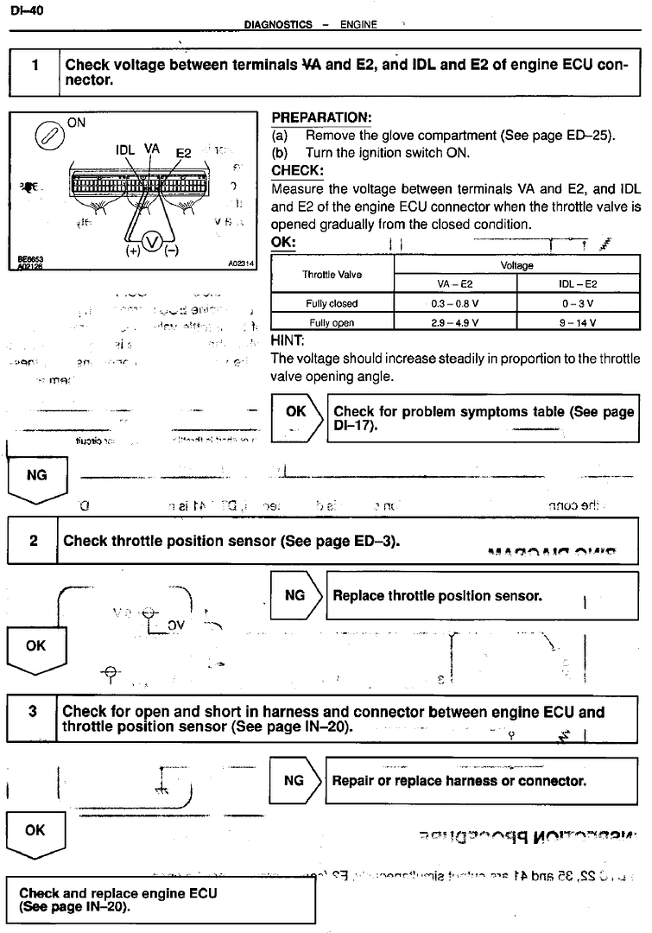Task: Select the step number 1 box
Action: (x=34, y=71)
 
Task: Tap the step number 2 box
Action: (x=33, y=542)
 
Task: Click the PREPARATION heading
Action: (x=321, y=117)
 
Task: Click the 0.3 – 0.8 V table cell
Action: (x=455, y=303)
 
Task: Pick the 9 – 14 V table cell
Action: (x=578, y=323)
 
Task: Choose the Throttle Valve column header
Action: (x=332, y=275)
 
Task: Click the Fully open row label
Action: (x=331, y=323)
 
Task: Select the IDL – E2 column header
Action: (x=578, y=283)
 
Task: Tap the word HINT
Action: (x=288, y=340)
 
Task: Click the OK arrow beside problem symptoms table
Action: (x=296, y=419)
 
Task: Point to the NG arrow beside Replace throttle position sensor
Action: (x=295, y=595)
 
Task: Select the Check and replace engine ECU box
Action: (x=161, y=900)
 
